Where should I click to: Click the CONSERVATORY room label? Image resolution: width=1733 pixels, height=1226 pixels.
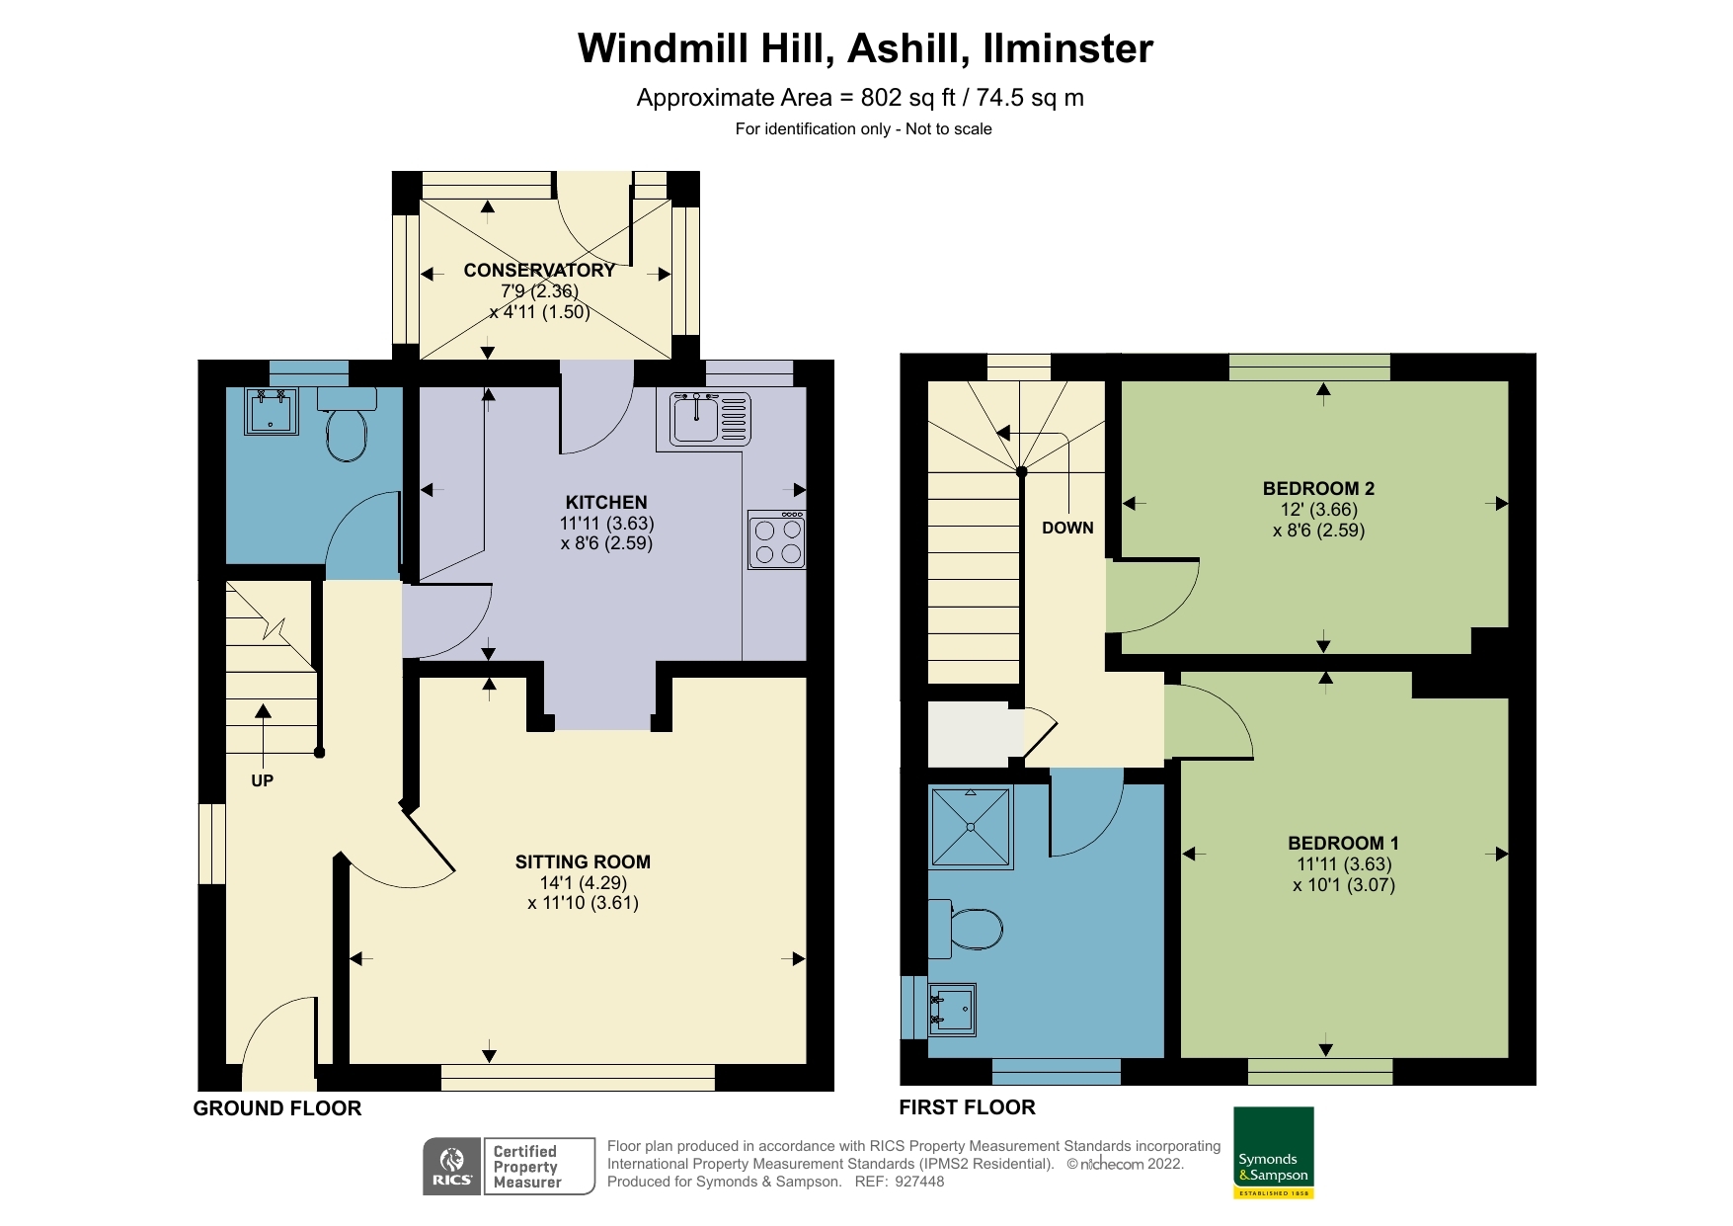click(539, 270)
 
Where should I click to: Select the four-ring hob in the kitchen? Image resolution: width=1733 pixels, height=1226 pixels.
click(776, 540)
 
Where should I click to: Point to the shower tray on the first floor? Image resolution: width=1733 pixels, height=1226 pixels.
click(971, 827)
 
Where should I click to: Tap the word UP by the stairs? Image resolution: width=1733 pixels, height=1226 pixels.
click(262, 780)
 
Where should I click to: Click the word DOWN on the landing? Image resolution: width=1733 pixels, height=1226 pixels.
click(1067, 528)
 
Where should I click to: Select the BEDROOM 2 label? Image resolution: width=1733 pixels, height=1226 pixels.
click(1318, 488)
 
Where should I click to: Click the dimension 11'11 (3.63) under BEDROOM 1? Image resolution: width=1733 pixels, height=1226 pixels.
click(1344, 864)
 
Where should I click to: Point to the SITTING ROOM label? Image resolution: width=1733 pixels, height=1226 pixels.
click(583, 861)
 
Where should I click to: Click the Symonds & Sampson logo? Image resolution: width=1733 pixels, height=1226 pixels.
click(1273, 1152)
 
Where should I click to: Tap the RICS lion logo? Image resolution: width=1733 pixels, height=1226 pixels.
click(452, 1166)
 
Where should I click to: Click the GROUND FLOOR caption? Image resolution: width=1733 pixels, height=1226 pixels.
click(277, 1108)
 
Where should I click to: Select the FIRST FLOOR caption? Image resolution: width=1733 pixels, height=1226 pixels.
click(967, 1107)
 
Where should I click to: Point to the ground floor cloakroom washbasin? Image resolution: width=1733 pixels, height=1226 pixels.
click(271, 413)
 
